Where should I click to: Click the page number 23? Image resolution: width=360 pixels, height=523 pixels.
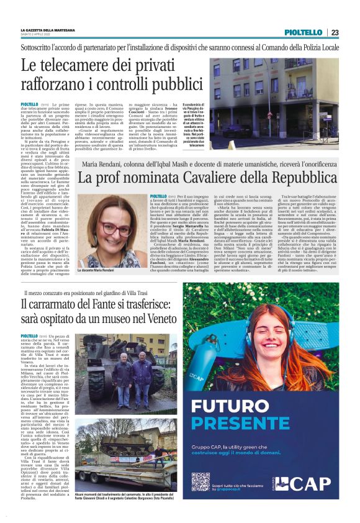[x=335, y=32]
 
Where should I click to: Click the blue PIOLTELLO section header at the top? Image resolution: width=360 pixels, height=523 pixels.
[x=303, y=32]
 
